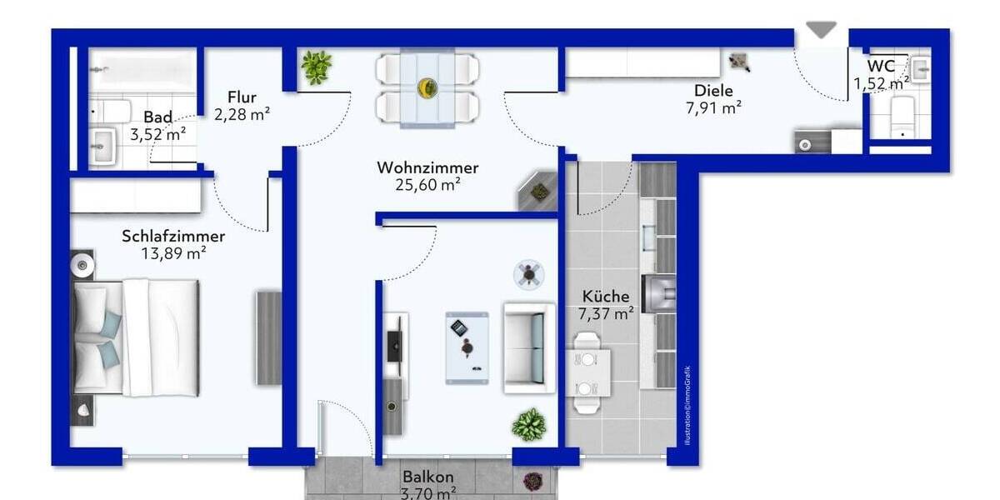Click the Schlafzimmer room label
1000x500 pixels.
tap(173, 236)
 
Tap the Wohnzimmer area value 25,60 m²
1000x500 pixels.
tap(427, 186)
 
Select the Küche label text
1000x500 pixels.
tap(606, 296)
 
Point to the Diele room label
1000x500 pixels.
tap(713, 90)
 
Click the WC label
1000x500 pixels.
tap(881, 66)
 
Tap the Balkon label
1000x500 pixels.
tap(428, 477)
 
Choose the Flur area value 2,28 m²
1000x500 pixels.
tap(242, 114)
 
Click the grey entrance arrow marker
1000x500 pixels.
tap(821, 29)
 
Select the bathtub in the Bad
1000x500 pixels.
tap(142, 70)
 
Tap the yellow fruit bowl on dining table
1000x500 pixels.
tap(427, 87)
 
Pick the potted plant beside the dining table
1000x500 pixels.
tap(317, 67)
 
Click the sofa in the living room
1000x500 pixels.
tap(529, 347)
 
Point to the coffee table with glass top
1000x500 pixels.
tap(467, 347)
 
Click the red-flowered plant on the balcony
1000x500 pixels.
tap(532, 481)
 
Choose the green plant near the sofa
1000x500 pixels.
tap(528, 425)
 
